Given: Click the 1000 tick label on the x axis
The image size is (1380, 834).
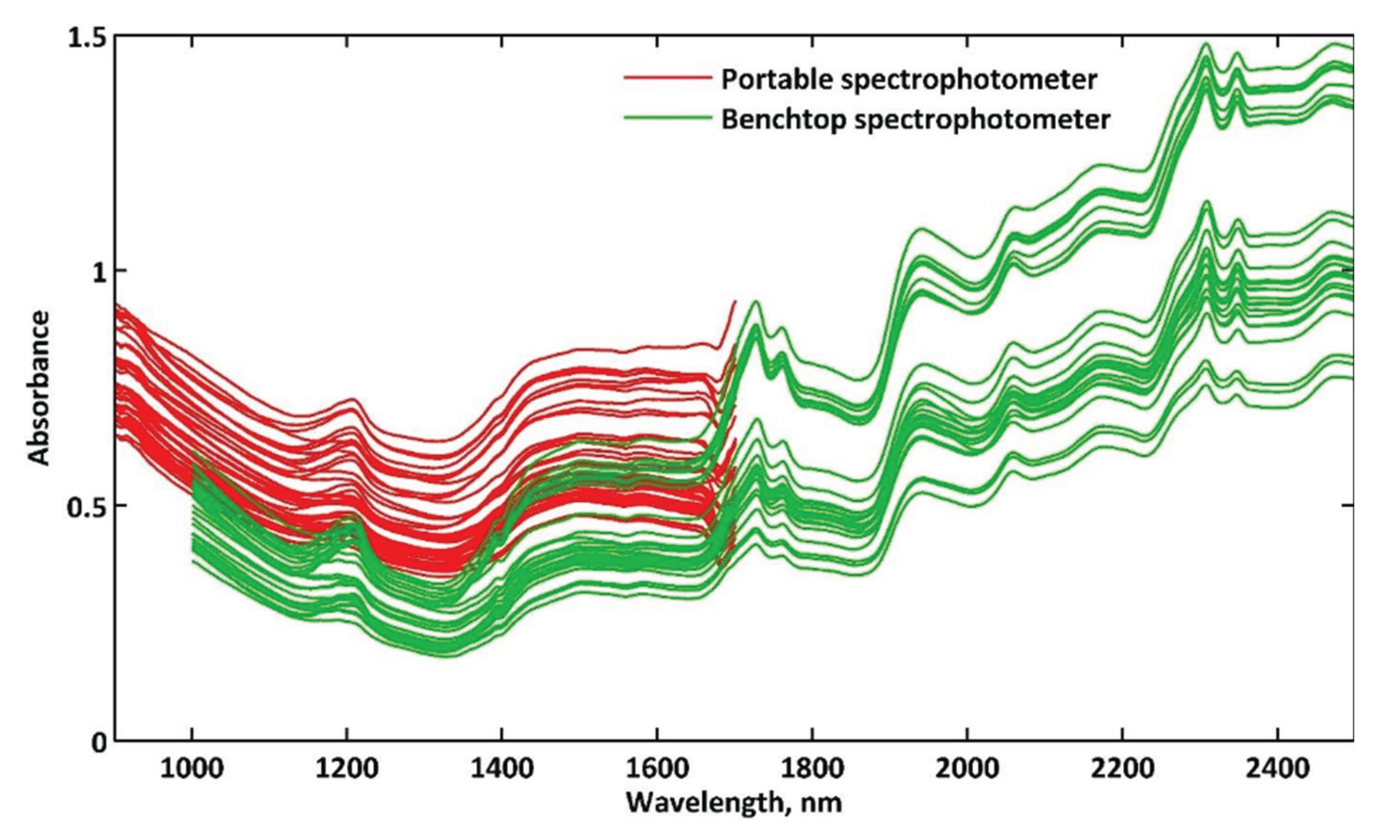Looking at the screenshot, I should pyautogui.click(x=192, y=770).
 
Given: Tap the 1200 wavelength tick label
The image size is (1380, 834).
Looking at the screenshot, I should pyautogui.click(x=347, y=770).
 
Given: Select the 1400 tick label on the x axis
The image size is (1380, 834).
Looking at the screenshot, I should pyautogui.click(x=502, y=770).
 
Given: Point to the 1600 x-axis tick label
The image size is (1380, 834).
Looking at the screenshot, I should pyautogui.click(x=656, y=770).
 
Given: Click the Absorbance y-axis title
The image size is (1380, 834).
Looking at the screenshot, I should pyautogui.click(x=38, y=388).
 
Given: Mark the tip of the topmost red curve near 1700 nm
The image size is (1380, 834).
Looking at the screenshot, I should pyautogui.click(x=735, y=301).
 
